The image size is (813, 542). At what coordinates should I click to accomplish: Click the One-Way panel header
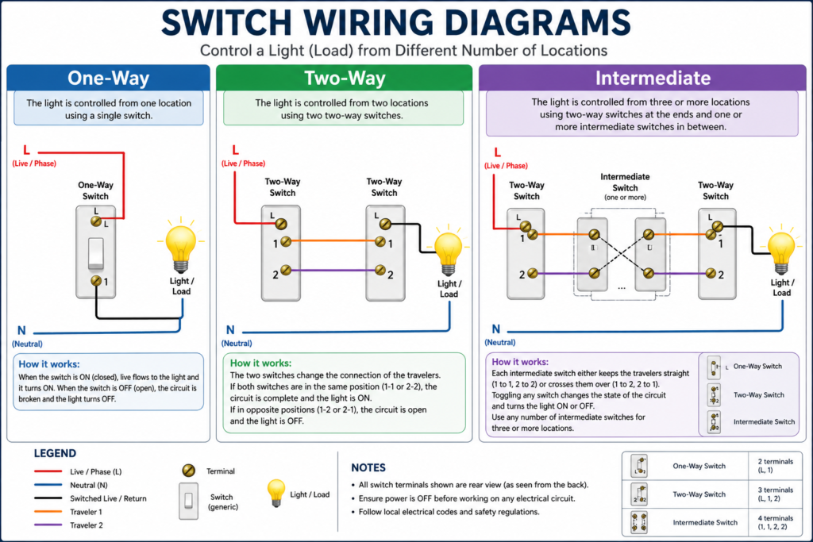108,78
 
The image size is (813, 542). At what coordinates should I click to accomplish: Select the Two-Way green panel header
345,78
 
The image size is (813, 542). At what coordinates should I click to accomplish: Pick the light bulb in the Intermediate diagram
782,251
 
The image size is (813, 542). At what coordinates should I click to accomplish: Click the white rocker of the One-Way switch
95,253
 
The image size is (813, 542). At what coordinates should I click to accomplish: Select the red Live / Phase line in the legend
48,472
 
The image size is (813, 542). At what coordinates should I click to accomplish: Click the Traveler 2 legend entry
48,525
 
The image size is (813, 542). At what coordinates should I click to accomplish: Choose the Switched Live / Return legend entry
48,498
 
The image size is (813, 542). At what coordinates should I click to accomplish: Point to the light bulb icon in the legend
275,493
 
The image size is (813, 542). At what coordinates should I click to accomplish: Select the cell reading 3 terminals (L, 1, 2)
776,494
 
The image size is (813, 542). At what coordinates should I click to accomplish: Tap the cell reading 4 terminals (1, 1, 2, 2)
776,523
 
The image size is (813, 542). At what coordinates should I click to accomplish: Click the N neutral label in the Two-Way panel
230,330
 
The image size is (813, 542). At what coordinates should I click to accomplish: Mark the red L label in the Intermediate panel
498,152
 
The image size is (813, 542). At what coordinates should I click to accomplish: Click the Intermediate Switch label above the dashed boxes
625,182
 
